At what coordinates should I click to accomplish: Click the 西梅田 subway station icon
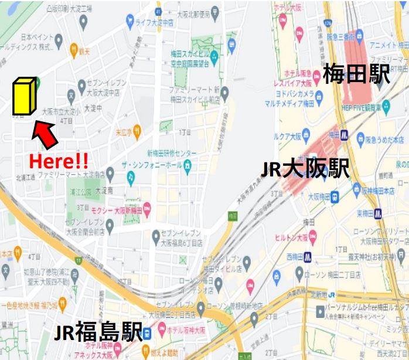[308, 256]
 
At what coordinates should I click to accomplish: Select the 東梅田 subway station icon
[379, 213]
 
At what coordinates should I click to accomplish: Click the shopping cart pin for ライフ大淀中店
[130, 22]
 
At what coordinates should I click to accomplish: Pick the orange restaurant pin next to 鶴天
[74, 50]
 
